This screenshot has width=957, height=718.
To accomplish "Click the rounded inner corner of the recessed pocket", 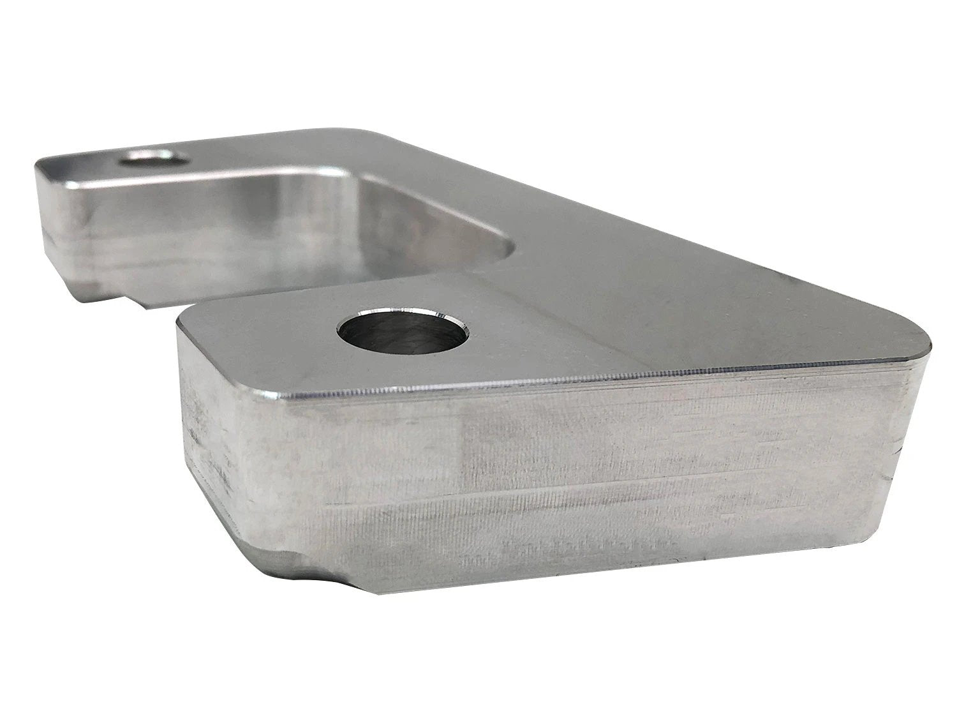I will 504,246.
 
